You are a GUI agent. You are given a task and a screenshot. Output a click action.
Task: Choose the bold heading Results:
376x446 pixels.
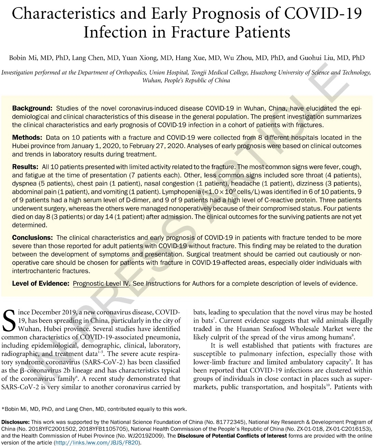coord(25,167)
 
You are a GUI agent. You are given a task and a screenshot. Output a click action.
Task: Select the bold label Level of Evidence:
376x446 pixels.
coord(41,283)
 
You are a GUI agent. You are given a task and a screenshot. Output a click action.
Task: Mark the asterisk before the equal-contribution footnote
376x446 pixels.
coord(3,408)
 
